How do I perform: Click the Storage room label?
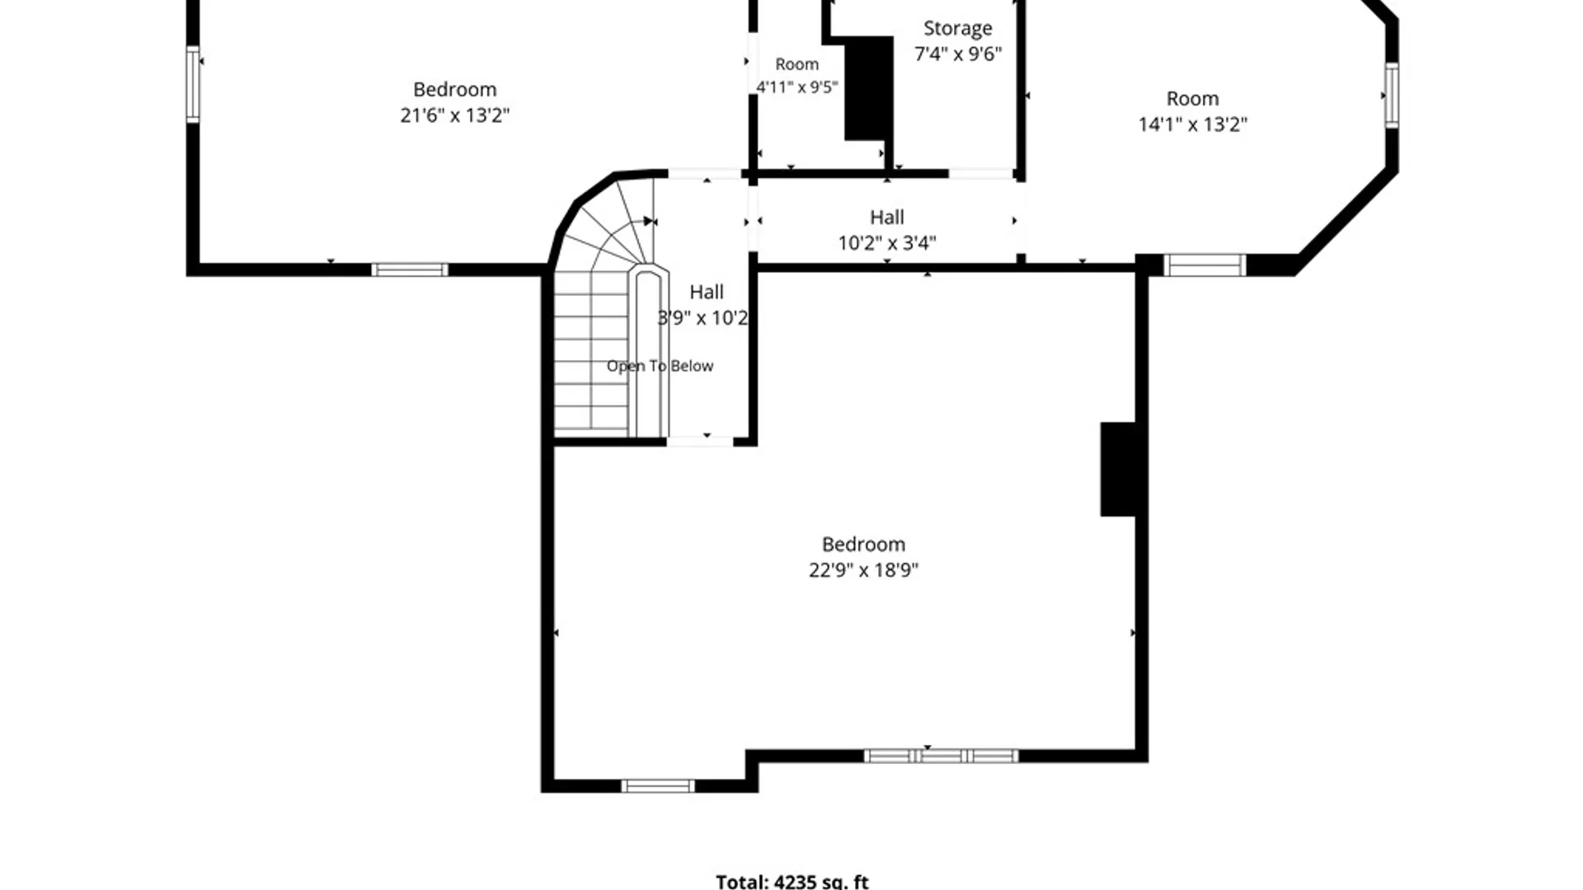coord(957,29)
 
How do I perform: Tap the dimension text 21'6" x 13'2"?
coord(455,115)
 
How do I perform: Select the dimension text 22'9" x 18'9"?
coord(863,570)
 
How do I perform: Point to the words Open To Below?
coord(660,366)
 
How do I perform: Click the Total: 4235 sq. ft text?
coord(792,882)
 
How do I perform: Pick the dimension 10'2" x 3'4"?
coord(887,243)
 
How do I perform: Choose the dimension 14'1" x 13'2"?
coord(1193,124)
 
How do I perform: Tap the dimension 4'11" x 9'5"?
coord(797,87)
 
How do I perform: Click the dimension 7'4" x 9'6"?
coord(958,54)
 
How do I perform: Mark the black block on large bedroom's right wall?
coord(1118,470)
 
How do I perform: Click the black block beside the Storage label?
coord(869,87)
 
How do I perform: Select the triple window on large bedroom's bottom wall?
coord(941,756)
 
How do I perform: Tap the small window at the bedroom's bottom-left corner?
coord(657,786)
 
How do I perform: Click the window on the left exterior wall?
coord(193,84)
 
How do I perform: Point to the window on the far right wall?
coord(1392,95)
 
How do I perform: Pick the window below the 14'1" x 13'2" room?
coord(1205,265)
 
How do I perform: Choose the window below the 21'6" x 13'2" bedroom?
coord(410,269)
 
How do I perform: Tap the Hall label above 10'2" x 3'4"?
coord(887,218)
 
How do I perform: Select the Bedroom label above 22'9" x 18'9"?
coord(863,545)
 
